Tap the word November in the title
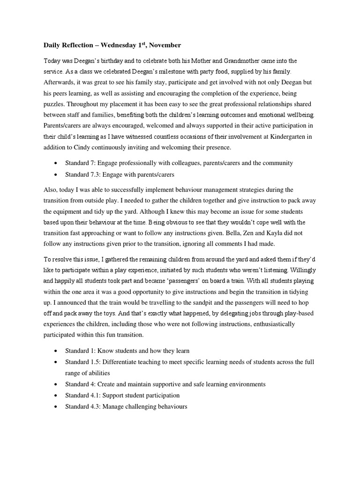pos(165,45)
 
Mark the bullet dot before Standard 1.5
pos(56,362)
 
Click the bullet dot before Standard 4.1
pos(56,396)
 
